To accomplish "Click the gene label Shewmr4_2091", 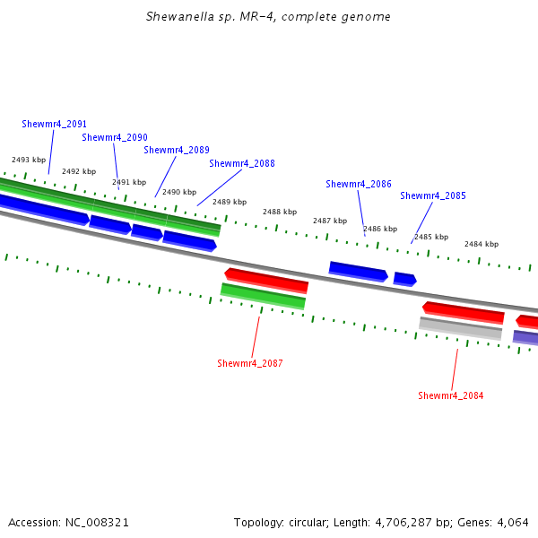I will pos(54,124).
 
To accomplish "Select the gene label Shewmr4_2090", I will pos(115,137).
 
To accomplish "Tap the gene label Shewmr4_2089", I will pos(177,150).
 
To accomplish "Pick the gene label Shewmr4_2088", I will pos(242,163).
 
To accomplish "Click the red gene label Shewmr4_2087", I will pos(250,363).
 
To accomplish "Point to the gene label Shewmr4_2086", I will pos(359,184).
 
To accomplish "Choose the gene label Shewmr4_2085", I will pos(433,195).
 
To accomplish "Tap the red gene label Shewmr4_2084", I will pos(451,395).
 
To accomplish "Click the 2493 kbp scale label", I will pos(29,160).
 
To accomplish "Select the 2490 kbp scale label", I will pos(179,192).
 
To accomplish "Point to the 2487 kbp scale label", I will pos(330,221).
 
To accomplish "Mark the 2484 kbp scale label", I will pos(482,244).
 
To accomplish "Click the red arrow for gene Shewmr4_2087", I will pos(266,280).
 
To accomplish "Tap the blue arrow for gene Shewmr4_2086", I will pos(358,270).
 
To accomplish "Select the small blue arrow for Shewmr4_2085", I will pos(404,279).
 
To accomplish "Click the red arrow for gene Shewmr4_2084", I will pos(463,312).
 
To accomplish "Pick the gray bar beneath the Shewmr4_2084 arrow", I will pos(460,328).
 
